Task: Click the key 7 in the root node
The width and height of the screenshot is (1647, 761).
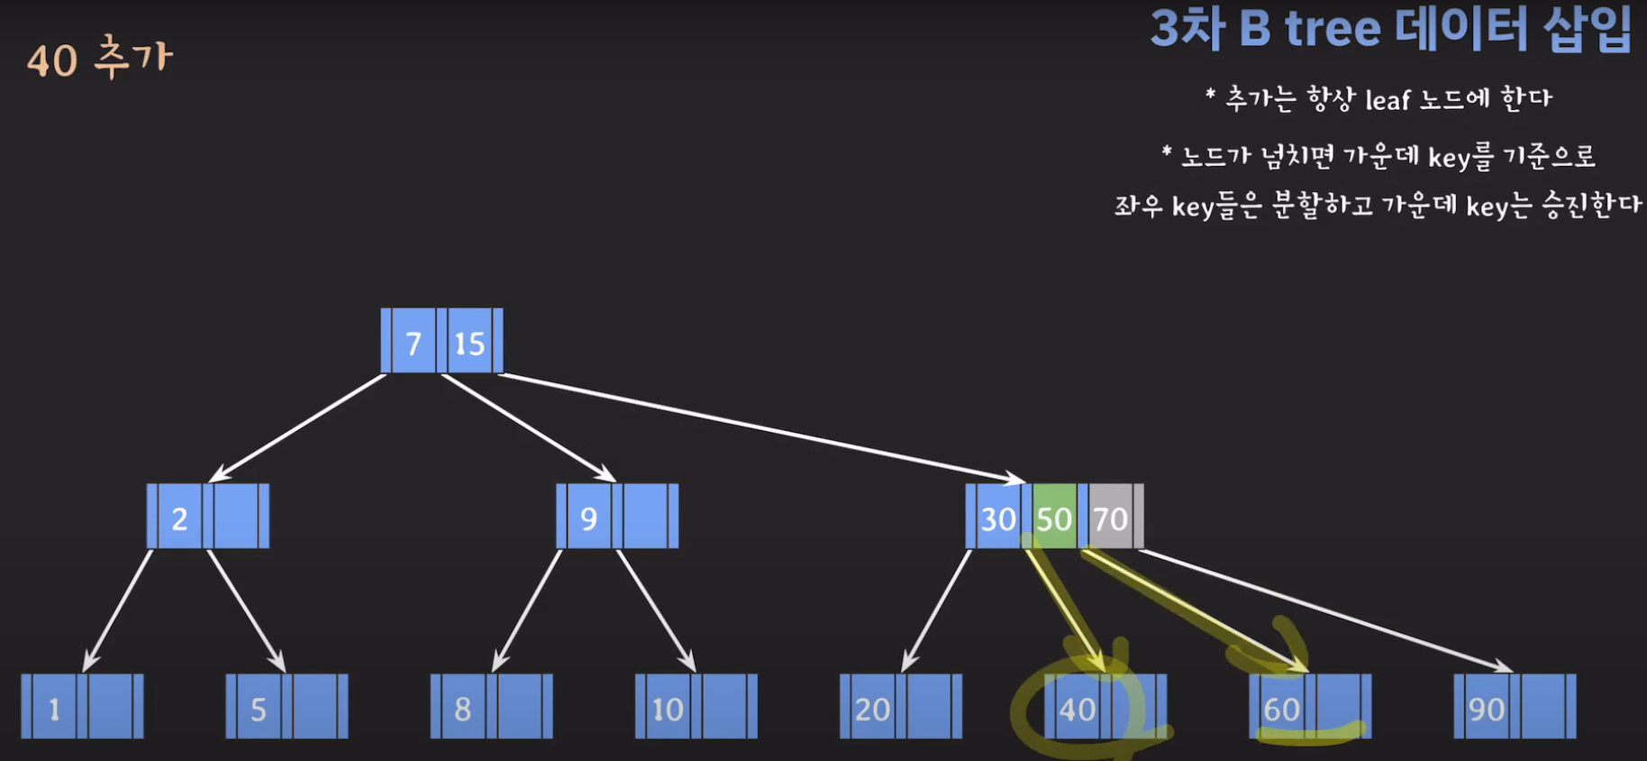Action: (414, 343)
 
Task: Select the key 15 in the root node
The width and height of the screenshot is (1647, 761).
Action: (469, 343)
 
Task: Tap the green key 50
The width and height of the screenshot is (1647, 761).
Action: (1054, 518)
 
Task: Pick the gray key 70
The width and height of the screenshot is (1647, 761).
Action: (1110, 518)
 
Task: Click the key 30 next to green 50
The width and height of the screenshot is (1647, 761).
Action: (997, 518)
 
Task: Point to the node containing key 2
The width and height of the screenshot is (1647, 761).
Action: (207, 517)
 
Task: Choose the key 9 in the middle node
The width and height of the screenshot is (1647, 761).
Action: (588, 518)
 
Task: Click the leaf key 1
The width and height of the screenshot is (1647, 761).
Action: (54, 709)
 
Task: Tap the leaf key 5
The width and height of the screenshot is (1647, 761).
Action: (259, 709)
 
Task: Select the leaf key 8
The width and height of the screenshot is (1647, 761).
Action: (463, 709)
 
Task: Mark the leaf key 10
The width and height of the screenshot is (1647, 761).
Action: (668, 709)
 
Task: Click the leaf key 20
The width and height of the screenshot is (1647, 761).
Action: (872, 709)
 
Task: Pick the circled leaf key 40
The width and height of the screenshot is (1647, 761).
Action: (1078, 710)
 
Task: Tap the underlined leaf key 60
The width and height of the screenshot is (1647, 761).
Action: (1281, 710)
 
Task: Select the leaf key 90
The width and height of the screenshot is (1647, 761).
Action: (1487, 709)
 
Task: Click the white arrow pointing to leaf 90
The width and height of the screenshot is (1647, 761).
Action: (1324, 610)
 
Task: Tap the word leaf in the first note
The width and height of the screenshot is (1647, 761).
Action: (1388, 99)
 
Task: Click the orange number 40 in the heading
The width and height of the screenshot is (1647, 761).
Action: (52, 61)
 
